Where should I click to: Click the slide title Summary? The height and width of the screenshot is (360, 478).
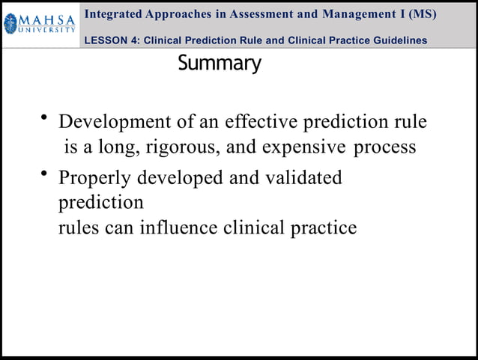tap(220, 64)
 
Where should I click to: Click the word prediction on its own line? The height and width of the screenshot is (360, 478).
tap(100, 203)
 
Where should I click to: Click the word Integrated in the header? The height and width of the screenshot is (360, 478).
tap(117, 14)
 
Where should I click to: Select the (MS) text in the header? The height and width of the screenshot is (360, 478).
tap(422, 14)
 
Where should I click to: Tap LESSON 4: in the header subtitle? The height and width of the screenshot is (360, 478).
tap(111, 40)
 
